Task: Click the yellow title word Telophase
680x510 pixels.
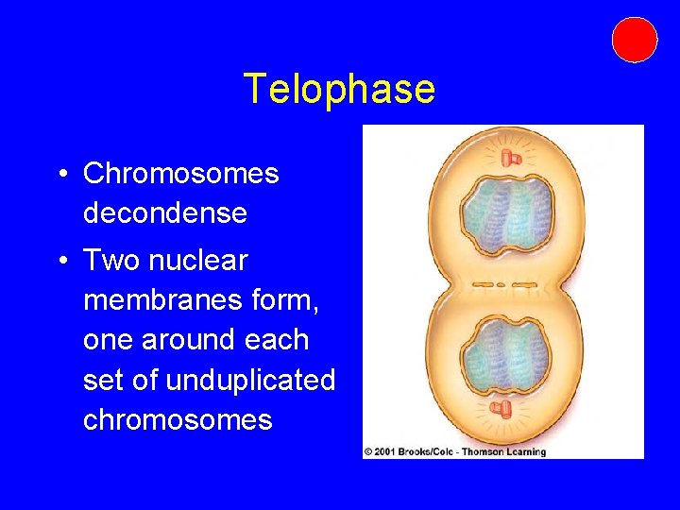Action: coord(339,90)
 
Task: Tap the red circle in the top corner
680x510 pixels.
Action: coord(634,40)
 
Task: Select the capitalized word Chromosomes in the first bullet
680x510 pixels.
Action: coord(180,174)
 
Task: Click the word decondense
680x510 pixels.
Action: coord(164,213)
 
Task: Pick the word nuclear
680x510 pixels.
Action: coord(204,260)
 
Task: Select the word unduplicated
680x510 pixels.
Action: coord(250,380)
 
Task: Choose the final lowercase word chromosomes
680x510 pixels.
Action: coord(178,419)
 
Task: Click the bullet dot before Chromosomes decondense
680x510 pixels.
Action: coord(59,175)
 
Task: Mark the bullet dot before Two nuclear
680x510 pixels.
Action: coord(59,261)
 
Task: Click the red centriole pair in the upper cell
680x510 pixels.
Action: coord(512,156)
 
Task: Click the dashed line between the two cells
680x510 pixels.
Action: coord(503,283)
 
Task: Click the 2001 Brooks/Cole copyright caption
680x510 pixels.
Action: coord(455,451)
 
